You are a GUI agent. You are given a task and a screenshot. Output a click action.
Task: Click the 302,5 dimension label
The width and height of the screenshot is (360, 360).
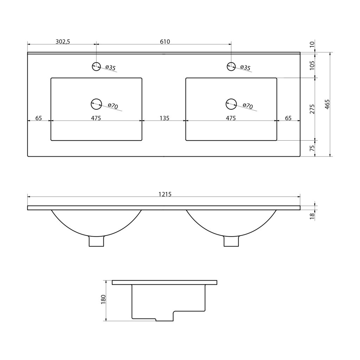coord(63,41)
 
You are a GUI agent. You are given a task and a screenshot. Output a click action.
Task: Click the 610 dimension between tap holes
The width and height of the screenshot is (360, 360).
coord(165,41)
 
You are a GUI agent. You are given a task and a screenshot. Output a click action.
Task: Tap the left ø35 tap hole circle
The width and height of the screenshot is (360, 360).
coord(96,66)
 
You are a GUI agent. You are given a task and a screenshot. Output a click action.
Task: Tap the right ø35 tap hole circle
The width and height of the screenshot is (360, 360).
coord(231,66)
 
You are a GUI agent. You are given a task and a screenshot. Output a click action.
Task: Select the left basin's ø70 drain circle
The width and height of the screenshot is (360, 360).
coord(96,104)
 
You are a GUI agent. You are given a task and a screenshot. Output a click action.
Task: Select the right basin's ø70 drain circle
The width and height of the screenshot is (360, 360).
coord(231,104)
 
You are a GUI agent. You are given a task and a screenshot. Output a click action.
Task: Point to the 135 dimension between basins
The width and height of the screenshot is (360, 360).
coord(165,118)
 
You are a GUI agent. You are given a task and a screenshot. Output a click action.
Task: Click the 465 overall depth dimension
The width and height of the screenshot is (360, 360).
coord(327,104)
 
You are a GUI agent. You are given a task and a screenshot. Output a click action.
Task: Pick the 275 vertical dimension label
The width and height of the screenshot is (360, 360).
coord(312,109)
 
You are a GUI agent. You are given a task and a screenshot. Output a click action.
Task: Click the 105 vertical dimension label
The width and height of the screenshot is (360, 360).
coord(312,65)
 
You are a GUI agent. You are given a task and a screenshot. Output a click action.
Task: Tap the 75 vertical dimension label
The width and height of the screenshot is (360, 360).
coord(312,148)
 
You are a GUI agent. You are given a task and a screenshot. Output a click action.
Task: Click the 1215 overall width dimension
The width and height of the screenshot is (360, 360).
coord(165,194)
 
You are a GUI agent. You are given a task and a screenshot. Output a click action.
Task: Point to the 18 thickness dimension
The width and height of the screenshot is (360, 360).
coord(312,216)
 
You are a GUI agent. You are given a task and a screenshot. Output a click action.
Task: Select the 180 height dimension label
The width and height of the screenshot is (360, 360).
coord(103,300)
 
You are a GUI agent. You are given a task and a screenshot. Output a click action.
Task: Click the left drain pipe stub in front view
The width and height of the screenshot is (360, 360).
coord(96,241)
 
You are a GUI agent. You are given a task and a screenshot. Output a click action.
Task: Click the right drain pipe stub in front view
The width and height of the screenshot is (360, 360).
coord(231,241)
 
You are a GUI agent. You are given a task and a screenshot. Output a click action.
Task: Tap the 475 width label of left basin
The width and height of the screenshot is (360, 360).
coord(96,118)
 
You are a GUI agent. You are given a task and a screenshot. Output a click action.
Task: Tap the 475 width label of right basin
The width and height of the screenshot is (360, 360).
coord(231,118)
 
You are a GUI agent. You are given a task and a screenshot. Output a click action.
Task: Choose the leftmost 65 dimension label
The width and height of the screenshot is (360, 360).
coord(39,118)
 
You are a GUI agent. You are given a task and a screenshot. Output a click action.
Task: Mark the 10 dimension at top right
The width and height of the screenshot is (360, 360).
coord(312,44)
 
